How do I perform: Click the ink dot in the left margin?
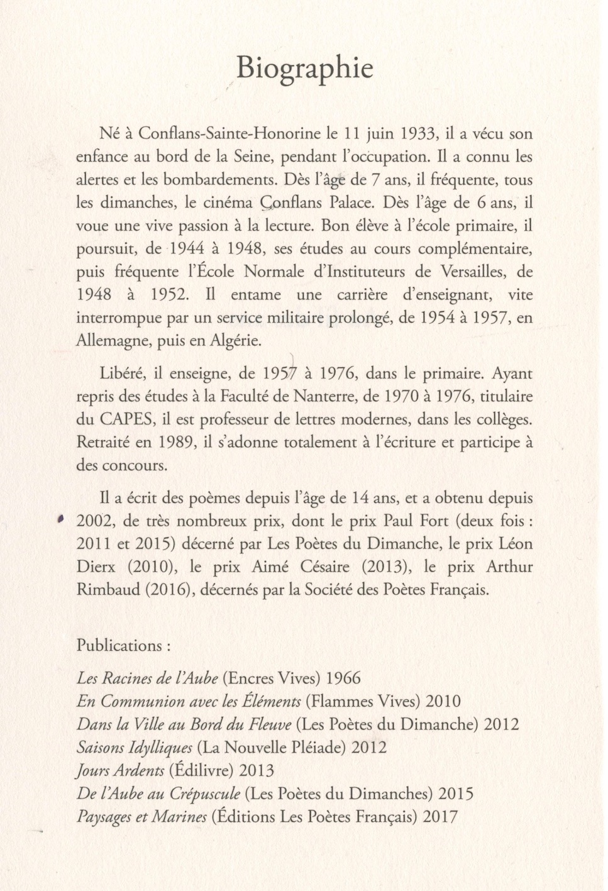[x=60, y=519]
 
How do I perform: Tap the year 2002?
[x=94, y=521]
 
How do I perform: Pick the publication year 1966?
[x=344, y=678]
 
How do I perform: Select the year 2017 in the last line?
[x=441, y=817]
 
